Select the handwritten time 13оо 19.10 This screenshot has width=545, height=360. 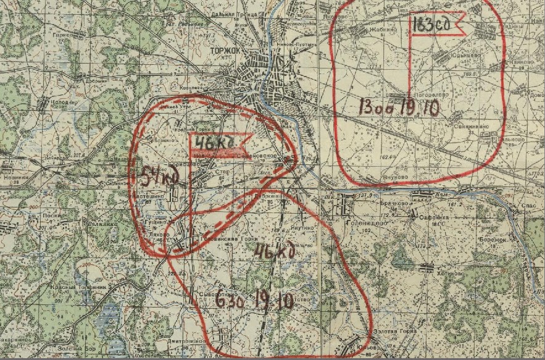tap(397, 106)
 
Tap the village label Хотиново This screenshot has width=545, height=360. tap(451, 272)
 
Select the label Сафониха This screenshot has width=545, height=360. tap(433, 217)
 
